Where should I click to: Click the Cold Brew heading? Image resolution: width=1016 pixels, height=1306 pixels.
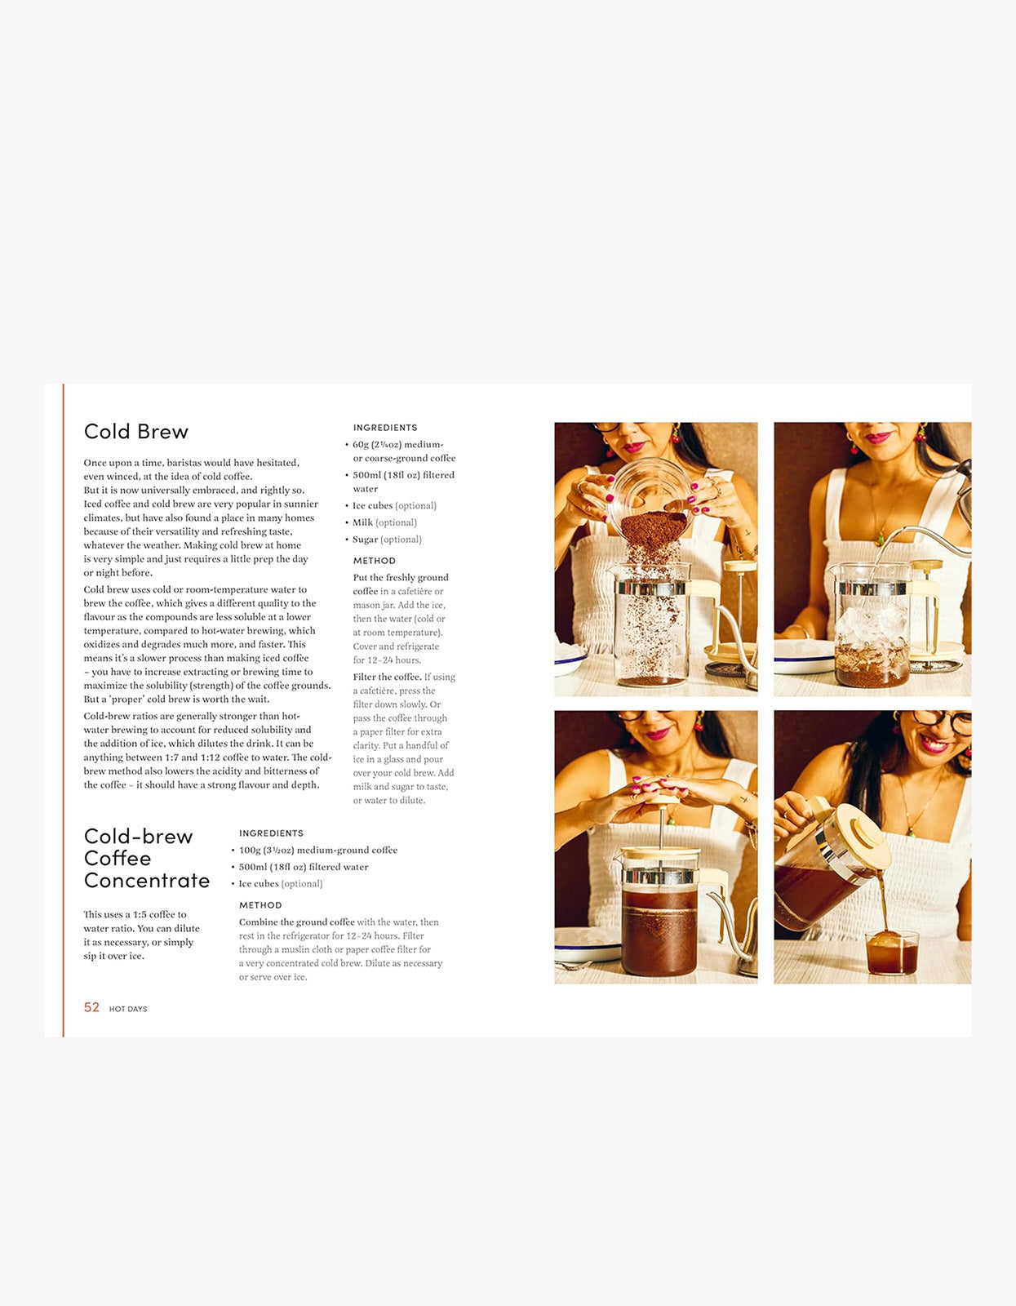tap(135, 432)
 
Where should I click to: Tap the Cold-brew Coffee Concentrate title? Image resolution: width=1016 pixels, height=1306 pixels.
tap(146, 859)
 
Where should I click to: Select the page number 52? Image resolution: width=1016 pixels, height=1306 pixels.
tap(91, 1008)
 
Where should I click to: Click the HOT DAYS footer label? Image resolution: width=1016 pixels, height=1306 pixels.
tap(128, 1010)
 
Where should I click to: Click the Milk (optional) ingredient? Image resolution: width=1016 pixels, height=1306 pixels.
tap(384, 522)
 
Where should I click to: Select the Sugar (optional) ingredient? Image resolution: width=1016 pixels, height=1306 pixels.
tap(387, 540)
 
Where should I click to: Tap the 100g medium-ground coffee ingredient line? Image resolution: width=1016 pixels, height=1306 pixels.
tap(317, 851)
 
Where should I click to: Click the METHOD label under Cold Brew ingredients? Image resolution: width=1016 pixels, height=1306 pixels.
tap(374, 561)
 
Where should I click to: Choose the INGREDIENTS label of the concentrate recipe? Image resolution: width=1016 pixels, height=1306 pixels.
tap(271, 833)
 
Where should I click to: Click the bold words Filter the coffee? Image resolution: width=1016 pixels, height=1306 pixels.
tap(387, 677)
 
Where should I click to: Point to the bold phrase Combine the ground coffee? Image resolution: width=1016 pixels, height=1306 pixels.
tap(296, 922)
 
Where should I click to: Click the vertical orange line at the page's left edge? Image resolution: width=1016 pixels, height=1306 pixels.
tap(63, 710)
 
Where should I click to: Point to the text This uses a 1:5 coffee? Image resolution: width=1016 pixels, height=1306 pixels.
tap(135, 915)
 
